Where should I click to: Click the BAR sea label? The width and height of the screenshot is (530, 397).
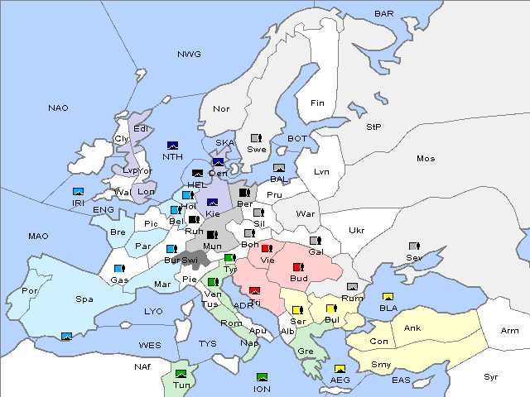click(383, 14)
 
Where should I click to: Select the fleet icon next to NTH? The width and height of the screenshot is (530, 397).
click(172, 146)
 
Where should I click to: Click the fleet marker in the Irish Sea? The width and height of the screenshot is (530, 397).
click(79, 192)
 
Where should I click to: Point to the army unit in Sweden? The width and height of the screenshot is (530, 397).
click(257, 138)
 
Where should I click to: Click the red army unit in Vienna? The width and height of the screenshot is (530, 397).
click(267, 248)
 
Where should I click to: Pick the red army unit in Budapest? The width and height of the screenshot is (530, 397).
click(298, 267)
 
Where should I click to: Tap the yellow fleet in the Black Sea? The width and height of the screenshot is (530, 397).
click(388, 297)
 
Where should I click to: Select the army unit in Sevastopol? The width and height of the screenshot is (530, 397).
click(413, 246)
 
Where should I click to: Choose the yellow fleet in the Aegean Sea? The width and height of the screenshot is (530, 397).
click(340, 369)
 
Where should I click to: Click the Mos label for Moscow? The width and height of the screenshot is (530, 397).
click(426, 158)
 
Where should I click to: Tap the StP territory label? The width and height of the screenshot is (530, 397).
click(373, 127)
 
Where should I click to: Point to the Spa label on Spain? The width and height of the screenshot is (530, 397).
click(84, 299)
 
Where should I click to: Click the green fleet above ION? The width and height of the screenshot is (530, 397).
click(263, 377)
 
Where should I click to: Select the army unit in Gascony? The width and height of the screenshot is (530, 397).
click(118, 269)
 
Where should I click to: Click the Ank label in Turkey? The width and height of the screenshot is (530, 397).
click(412, 328)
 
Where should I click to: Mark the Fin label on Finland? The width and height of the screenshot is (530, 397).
click(317, 103)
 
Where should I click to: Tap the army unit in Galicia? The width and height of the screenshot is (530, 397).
click(315, 241)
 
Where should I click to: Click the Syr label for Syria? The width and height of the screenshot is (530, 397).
click(491, 376)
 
